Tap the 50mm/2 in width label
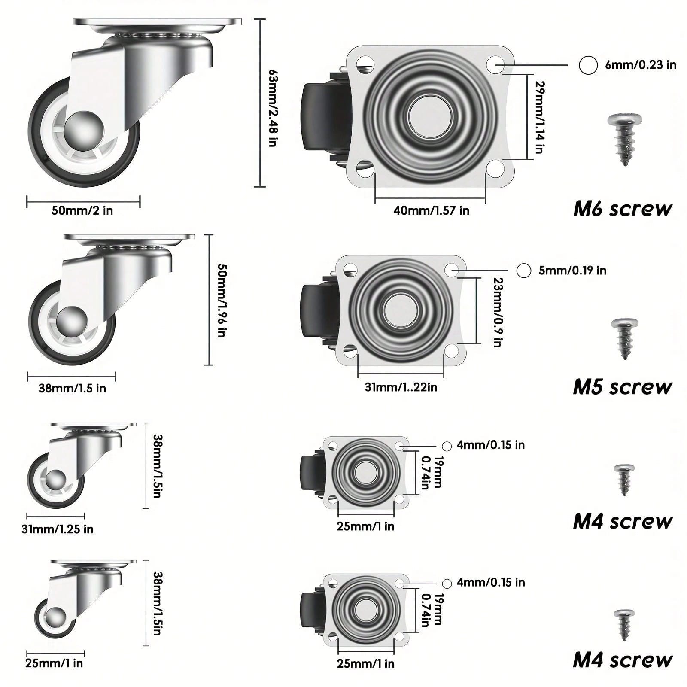tap(82, 211)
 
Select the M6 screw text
tap(623, 209)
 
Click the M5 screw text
tap(623, 387)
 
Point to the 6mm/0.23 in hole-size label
tap(641, 65)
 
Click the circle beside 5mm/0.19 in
tap(523, 271)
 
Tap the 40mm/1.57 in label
tap(431, 211)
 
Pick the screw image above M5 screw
tap(625, 338)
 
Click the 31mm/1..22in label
tap(401, 387)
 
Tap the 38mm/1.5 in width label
tap(72, 389)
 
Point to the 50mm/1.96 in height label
tap(222, 301)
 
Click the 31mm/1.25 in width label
tap(58, 529)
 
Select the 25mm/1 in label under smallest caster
tap(54, 663)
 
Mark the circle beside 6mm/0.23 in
tap(588, 65)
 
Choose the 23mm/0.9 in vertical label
tap(498, 312)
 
